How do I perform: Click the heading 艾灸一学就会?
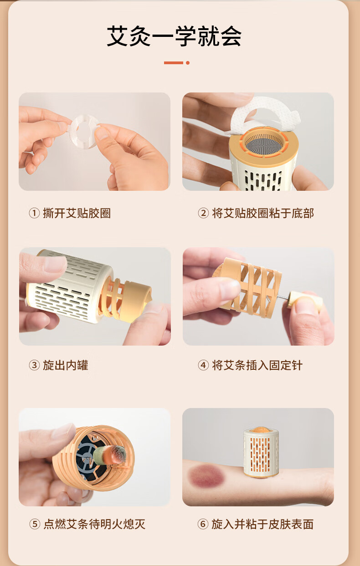point(174,36)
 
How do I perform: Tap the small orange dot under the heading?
point(188,63)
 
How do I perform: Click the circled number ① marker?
point(34,213)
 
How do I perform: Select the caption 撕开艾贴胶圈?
point(77,213)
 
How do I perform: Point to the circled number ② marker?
point(203,213)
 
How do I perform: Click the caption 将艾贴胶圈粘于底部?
point(263,213)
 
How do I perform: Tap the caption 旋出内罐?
point(66,365)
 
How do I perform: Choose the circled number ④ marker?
point(203,365)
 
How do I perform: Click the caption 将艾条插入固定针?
point(257,365)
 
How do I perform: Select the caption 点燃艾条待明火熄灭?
point(94,524)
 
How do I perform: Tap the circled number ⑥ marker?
point(203,524)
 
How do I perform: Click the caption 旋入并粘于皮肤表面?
point(262,524)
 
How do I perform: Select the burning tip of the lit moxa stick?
point(118,455)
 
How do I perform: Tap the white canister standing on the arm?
point(261,453)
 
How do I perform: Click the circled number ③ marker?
point(34,365)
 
